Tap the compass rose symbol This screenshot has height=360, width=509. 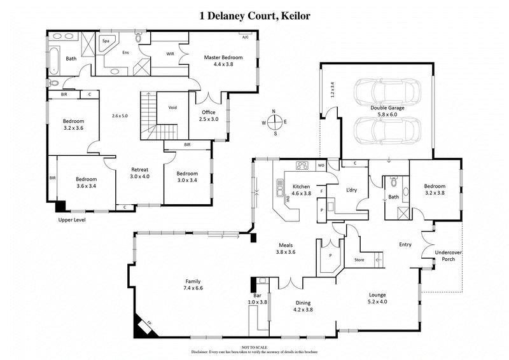[274, 122]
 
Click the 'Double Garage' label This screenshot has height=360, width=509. [388, 108]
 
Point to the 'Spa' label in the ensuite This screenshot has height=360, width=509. [106, 41]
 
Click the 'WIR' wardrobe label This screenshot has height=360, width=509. [171, 54]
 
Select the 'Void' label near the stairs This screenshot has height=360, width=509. [172, 107]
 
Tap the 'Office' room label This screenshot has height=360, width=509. [209, 111]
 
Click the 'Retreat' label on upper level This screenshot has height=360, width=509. [139, 170]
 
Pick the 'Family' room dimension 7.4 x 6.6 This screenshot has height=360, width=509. [192, 288]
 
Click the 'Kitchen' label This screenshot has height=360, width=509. [301, 186]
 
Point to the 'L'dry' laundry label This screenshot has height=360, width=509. [351, 190]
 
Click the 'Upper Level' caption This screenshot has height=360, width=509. [71, 220]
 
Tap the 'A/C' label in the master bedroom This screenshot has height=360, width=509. [246, 38]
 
